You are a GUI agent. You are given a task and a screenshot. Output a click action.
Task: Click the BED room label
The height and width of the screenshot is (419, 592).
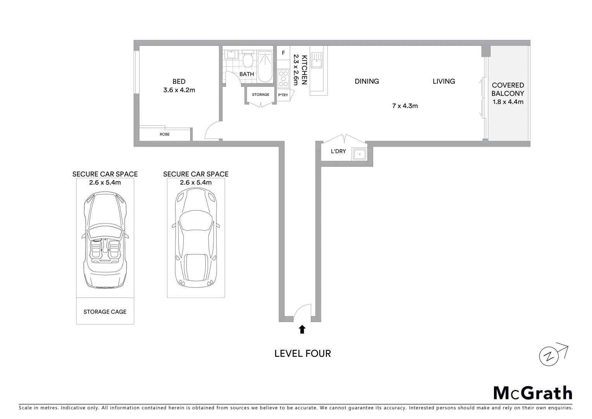[179, 81]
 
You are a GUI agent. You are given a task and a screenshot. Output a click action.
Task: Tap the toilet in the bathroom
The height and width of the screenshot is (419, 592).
[247, 60]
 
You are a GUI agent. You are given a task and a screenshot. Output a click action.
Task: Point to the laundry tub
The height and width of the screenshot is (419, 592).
[360, 154]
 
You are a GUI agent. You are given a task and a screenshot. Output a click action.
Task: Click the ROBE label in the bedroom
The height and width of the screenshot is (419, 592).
[164, 134]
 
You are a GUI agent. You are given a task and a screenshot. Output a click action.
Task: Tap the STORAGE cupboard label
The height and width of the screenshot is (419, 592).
[260, 95]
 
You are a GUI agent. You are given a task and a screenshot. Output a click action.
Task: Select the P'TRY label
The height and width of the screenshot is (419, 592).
[283, 95]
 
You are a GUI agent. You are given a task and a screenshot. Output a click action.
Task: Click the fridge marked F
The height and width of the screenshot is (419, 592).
[283, 53]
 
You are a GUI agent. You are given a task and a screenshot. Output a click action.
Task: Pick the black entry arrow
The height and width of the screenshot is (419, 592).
[302, 329]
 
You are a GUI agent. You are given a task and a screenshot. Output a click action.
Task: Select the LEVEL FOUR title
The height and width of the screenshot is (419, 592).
[303, 353]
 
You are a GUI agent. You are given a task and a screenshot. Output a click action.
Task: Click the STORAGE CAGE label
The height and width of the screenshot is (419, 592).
[105, 312]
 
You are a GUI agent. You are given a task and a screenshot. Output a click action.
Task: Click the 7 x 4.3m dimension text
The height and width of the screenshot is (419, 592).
[405, 106]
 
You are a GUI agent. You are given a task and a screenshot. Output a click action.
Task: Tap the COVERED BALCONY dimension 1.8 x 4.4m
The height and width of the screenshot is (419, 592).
[508, 102]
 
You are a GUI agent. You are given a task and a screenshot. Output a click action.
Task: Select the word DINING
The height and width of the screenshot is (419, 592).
[367, 81]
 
